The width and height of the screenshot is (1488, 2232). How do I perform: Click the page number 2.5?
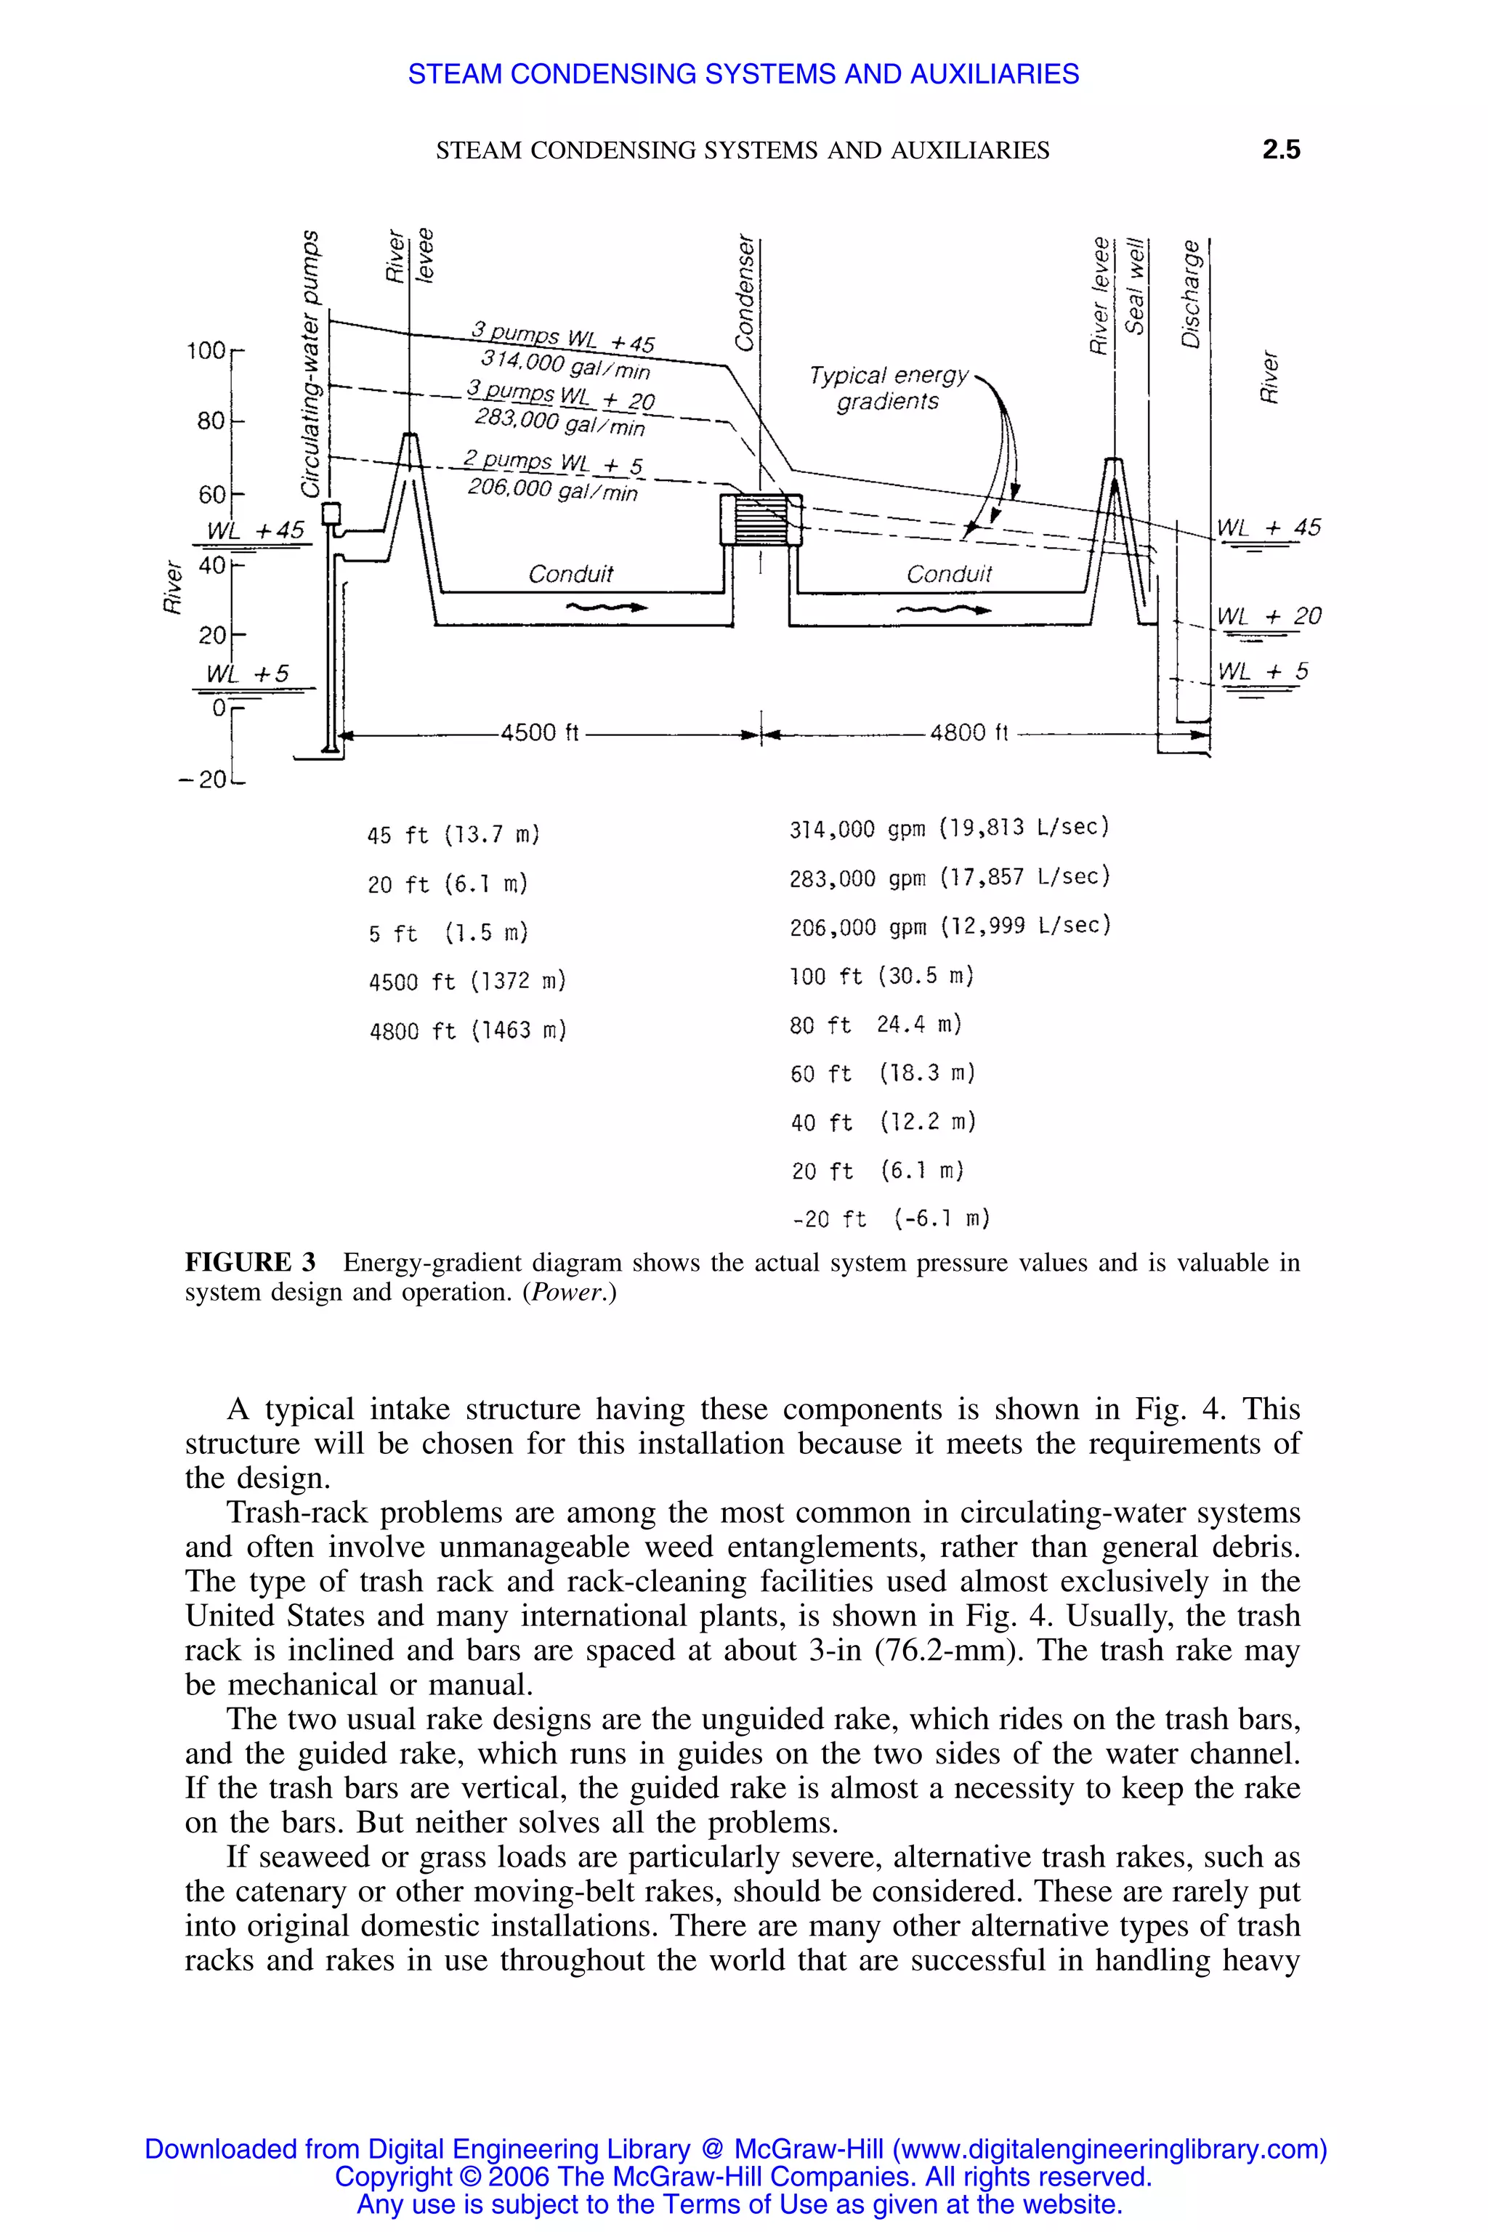click(1280, 149)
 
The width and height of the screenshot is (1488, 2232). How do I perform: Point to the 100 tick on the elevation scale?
click(208, 351)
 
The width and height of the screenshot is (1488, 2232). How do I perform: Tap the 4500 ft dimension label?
click(539, 732)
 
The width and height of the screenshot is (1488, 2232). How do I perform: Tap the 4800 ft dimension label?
click(968, 732)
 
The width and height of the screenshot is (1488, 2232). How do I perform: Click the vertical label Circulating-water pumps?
click(310, 363)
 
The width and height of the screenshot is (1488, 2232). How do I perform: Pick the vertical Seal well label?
click(1135, 286)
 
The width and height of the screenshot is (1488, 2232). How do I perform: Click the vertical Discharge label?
click(1191, 294)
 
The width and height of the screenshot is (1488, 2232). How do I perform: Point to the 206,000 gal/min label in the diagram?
click(552, 490)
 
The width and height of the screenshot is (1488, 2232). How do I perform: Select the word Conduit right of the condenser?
click(948, 574)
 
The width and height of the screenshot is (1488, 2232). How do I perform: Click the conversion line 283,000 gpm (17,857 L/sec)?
click(949, 878)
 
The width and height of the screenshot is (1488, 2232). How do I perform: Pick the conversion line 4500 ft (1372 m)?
click(467, 982)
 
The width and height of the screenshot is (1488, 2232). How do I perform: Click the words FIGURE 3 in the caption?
click(250, 1262)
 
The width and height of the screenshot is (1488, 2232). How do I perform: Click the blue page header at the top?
click(743, 74)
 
